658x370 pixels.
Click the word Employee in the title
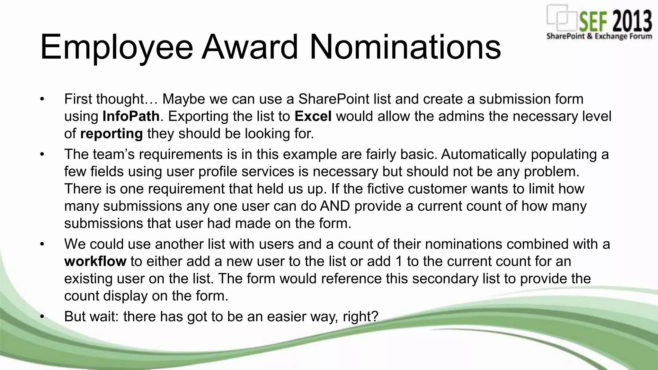coord(116,48)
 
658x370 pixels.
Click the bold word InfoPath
coord(131,116)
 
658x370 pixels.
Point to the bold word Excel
coord(313,116)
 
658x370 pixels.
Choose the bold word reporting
coord(111,133)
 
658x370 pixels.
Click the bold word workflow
coord(95,261)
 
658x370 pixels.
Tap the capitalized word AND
coord(335,206)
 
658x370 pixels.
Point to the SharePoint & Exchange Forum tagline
coord(599,36)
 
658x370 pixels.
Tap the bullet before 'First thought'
coord(42,99)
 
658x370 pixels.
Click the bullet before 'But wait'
coord(42,316)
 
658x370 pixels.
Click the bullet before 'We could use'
coord(42,244)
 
